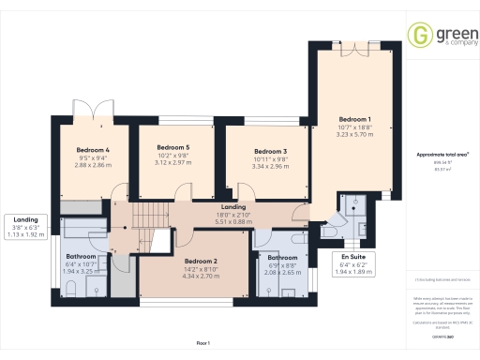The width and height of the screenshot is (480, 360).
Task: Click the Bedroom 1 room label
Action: tap(355, 119)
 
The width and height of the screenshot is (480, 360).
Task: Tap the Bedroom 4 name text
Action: tap(93, 149)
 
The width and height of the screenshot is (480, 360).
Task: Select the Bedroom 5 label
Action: tap(172, 147)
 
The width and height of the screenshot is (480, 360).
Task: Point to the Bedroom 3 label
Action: tap(270, 151)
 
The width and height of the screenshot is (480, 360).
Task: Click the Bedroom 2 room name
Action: tap(201, 262)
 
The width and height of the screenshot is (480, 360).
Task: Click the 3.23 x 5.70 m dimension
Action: tap(355, 134)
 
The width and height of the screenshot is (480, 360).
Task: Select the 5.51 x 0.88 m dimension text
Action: tap(233, 222)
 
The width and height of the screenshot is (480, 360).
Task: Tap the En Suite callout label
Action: tap(352, 255)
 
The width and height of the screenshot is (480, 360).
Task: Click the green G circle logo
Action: tap(418, 36)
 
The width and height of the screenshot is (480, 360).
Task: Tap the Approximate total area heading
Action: tap(442, 154)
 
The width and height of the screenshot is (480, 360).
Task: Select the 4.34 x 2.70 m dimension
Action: tap(201, 277)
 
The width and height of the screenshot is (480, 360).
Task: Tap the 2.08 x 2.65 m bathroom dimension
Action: tap(282, 273)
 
